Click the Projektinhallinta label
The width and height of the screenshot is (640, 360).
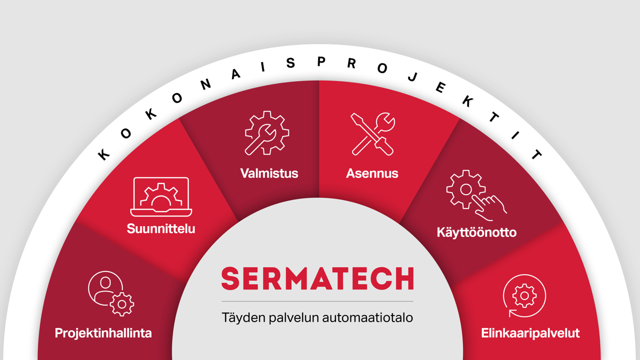tap(103, 333)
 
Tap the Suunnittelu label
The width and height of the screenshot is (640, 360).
tap(161, 228)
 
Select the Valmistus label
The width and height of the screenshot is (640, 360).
tap(269, 173)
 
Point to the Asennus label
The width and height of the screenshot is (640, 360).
tap(372, 173)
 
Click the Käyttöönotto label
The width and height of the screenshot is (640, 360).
tap(476, 232)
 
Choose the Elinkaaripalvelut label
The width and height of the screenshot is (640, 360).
tap(530, 333)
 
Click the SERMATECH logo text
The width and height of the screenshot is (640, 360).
tap(317, 278)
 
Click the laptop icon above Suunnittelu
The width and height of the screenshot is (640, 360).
tap(161, 197)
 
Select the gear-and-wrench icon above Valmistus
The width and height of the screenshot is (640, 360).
tap(267, 133)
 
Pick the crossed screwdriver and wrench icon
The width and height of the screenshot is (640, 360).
tap(373, 134)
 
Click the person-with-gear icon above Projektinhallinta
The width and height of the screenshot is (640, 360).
tap(111, 293)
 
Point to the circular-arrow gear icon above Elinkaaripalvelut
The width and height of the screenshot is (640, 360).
tap(524, 295)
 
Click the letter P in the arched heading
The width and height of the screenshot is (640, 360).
tap(321, 61)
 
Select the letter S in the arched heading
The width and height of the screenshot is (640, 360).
tap(290, 63)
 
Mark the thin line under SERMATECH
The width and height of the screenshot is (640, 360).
tap(317, 301)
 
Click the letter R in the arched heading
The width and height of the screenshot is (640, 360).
tap(351, 63)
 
